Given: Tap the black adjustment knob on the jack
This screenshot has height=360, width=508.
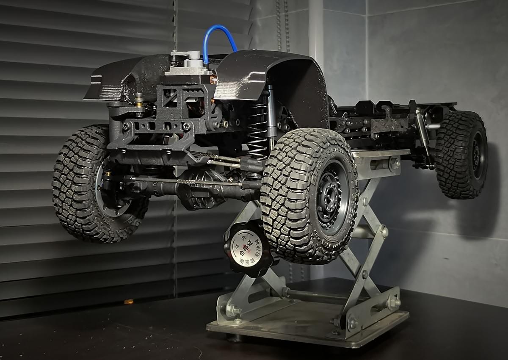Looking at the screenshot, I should (248, 249).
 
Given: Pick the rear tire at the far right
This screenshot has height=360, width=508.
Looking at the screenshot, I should (461, 155).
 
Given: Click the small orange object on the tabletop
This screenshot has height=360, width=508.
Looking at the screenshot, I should (129, 302).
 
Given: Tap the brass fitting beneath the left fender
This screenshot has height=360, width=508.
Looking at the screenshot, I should (138, 100).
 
